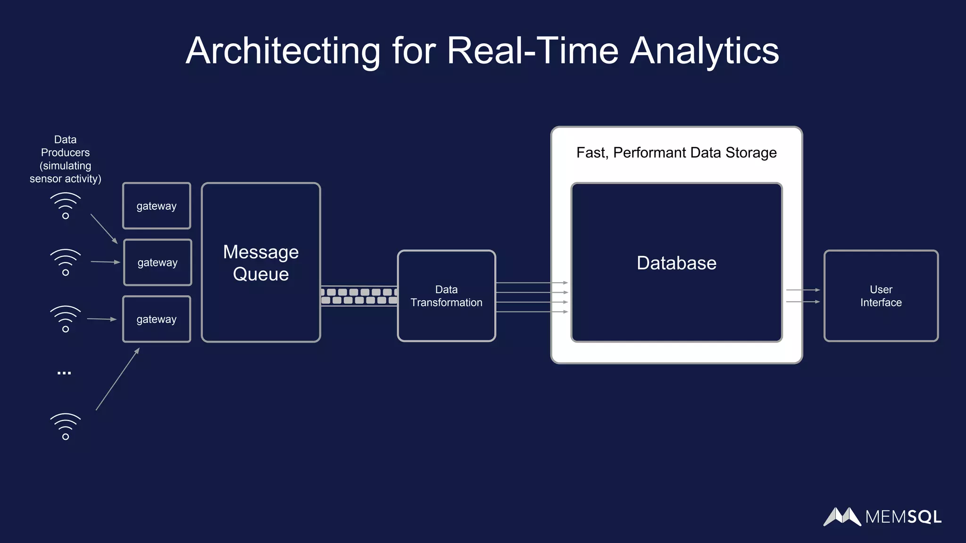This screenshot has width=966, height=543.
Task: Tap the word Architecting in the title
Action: [x=283, y=51]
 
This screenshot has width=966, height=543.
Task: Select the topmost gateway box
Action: [x=157, y=206]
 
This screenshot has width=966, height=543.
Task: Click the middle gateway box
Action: [x=158, y=263]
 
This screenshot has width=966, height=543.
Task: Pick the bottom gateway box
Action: [x=157, y=319]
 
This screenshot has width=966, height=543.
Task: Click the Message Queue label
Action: [x=261, y=263]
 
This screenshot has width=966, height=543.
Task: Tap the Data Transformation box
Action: [x=446, y=296]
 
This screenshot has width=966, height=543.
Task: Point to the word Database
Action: [x=676, y=263]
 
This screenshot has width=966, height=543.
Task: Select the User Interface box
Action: [x=881, y=296]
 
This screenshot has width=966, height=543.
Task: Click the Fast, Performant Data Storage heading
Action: [x=676, y=153]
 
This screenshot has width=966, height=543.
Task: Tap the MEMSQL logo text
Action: [x=903, y=517]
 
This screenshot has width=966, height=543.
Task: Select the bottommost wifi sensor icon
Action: [x=66, y=427]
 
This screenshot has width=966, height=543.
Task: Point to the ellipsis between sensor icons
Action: [x=64, y=373]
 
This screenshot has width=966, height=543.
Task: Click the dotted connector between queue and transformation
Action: [x=358, y=296]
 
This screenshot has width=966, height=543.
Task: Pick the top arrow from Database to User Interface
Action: [x=803, y=290]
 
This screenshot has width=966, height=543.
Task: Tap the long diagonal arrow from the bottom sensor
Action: [x=118, y=379]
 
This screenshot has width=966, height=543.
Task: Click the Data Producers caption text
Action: [x=65, y=159]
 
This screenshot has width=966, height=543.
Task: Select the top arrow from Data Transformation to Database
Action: [x=532, y=283]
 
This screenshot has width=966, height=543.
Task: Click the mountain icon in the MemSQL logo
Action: [x=842, y=517]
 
